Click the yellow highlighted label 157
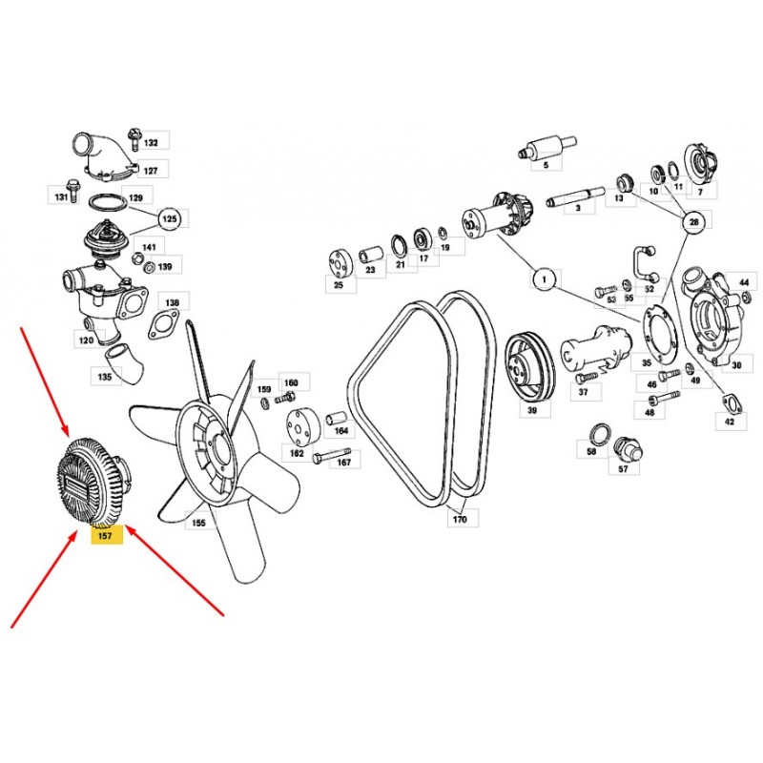coord(106,535)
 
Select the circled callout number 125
coord(170,219)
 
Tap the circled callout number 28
coord(694,222)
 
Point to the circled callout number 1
coord(545,279)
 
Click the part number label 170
coord(460,519)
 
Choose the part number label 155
coord(198,523)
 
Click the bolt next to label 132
coord(133,139)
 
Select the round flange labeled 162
coord(301,426)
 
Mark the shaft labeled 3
coord(575,196)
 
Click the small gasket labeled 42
coord(730,402)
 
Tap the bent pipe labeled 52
coord(647,264)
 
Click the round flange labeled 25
coord(340,265)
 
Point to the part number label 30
coord(736,365)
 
